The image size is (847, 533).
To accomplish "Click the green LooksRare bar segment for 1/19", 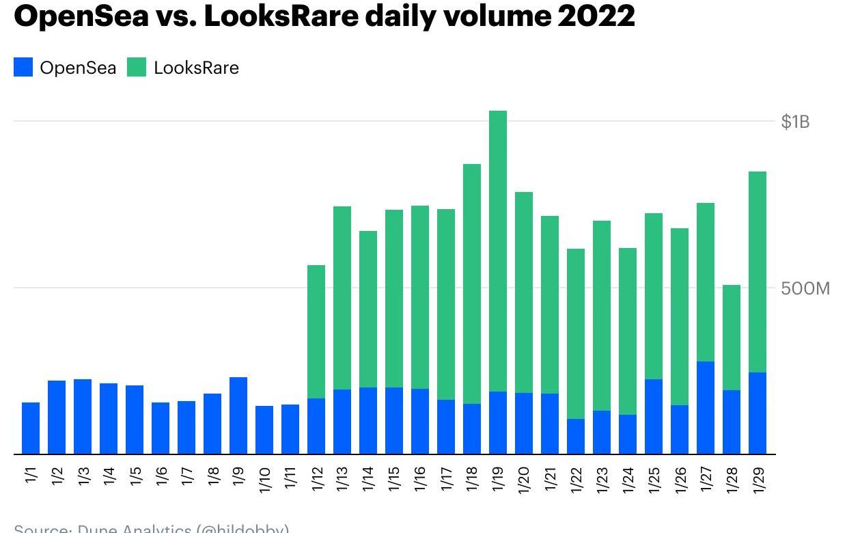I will point(498,251).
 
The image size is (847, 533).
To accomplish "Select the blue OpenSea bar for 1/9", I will point(238,415).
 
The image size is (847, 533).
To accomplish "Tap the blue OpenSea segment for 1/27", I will point(706,407).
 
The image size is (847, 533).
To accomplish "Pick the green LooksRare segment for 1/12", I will point(316,331).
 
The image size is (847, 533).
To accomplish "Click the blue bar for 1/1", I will point(31,428).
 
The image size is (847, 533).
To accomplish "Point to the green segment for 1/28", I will point(732,338).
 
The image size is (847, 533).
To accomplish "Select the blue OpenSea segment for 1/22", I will point(576,436).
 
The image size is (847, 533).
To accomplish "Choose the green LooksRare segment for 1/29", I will point(758,272).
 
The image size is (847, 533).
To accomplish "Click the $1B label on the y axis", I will point(795,122).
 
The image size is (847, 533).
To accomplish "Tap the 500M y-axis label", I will point(805,288).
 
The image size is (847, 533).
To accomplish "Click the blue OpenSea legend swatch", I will point(23,68).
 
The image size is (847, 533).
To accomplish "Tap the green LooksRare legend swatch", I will point(137,68).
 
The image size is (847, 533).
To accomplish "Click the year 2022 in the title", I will point(596,16).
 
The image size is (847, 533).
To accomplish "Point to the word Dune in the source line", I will point(98,529).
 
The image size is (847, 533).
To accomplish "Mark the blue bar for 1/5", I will point(135,420).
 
